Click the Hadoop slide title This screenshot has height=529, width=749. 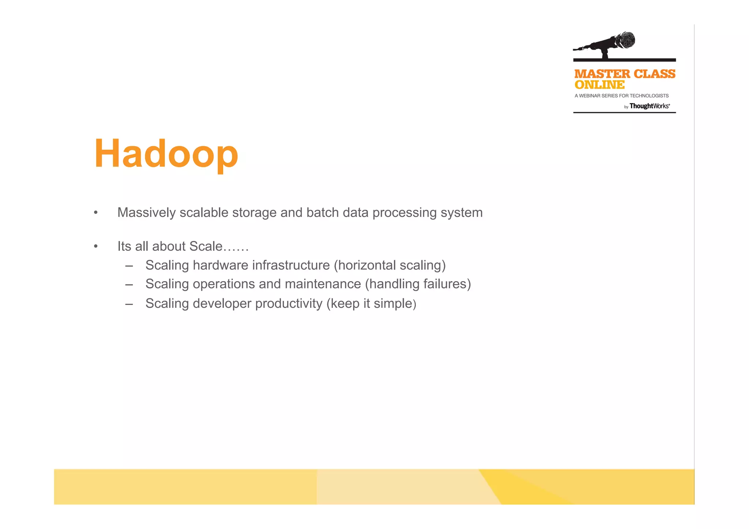pyautogui.click(x=166, y=154)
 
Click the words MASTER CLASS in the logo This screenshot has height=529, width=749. pyautogui.click(x=625, y=74)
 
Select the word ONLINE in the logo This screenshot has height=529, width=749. pyautogui.click(x=599, y=85)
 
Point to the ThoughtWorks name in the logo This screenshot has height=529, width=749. pyautogui.click(x=650, y=106)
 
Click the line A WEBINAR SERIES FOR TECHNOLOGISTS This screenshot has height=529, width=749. pyautogui.click(x=621, y=96)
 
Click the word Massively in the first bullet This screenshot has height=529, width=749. pyautogui.click(x=146, y=213)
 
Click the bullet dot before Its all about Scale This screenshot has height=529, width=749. pyautogui.click(x=96, y=246)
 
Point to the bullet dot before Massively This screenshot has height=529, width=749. pyautogui.click(x=96, y=213)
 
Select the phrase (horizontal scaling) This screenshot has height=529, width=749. pyautogui.click(x=390, y=265)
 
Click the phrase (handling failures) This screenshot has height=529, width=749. pyautogui.click(x=418, y=284)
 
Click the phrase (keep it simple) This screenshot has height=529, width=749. pyautogui.click(x=371, y=304)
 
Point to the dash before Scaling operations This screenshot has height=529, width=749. pyautogui.click(x=129, y=284)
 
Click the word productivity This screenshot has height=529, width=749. pyautogui.click(x=289, y=304)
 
